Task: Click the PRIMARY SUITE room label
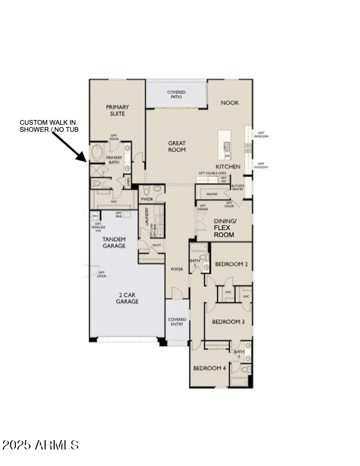pos(117,111)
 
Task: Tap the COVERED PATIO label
pos(176,94)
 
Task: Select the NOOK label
pos(229,102)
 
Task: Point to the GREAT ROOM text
pos(176,146)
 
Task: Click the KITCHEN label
pos(228,167)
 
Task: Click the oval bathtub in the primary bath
pos(96,154)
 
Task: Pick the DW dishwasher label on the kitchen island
pos(226,155)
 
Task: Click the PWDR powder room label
pos(146,199)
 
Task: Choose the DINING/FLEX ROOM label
pos(224,228)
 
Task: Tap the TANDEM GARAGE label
pos(114,242)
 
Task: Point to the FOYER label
pos(176,269)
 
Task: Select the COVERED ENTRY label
pos(176,322)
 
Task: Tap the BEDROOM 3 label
pos(228,322)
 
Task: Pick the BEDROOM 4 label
pos(209,368)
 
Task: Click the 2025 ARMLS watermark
pos(40,445)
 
